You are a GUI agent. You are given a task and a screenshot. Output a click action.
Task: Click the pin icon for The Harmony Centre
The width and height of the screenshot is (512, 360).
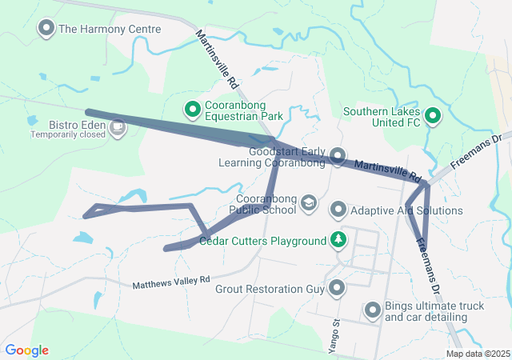click(x=46, y=29)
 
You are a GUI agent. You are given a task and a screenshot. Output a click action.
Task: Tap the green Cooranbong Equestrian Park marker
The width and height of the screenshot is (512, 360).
click(x=193, y=108)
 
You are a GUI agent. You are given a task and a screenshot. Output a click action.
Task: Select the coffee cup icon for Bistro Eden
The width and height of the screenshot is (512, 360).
click(x=118, y=126)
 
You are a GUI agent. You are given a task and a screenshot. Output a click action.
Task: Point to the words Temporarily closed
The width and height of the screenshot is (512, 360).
click(x=68, y=135)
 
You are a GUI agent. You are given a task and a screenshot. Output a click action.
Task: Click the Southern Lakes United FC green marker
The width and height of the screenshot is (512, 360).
click(x=433, y=117)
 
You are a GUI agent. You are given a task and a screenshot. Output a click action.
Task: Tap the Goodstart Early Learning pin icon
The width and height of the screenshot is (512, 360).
click(x=338, y=155)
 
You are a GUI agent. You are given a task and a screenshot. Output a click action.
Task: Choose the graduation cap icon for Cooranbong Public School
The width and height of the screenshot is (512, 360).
click(x=308, y=206)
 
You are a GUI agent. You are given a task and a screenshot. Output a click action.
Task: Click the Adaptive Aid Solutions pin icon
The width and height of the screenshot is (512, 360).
click(x=338, y=210)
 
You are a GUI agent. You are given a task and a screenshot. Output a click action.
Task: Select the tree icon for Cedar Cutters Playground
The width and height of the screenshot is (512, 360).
click(x=338, y=240)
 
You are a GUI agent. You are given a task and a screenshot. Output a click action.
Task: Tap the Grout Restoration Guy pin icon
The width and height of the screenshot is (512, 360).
click(x=338, y=286)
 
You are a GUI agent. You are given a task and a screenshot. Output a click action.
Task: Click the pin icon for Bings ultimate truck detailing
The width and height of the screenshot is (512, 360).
click(x=373, y=310)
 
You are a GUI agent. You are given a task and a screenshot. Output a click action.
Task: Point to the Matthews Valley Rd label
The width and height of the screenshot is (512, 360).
click(x=170, y=282)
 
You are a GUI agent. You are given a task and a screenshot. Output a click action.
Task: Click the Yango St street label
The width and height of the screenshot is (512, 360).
click(x=337, y=330)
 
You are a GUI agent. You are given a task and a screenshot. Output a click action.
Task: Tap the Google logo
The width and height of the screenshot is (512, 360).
click(x=27, y=350)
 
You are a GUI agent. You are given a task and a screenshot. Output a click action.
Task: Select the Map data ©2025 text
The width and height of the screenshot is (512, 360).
click(x=477, y=354)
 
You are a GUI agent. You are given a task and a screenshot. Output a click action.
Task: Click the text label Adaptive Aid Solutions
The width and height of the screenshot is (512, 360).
click(x=407, y=210)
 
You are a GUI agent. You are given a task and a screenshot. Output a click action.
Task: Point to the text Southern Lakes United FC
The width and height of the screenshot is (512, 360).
click(x=381, y=117)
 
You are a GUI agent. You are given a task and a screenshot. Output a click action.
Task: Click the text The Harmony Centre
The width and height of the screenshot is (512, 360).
click(x=110, y=29)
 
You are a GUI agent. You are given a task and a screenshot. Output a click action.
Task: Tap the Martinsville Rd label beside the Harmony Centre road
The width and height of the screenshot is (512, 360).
click(x=217, y=59)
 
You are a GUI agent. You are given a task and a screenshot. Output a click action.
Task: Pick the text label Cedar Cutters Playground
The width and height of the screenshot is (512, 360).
click(x=262, y=241)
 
